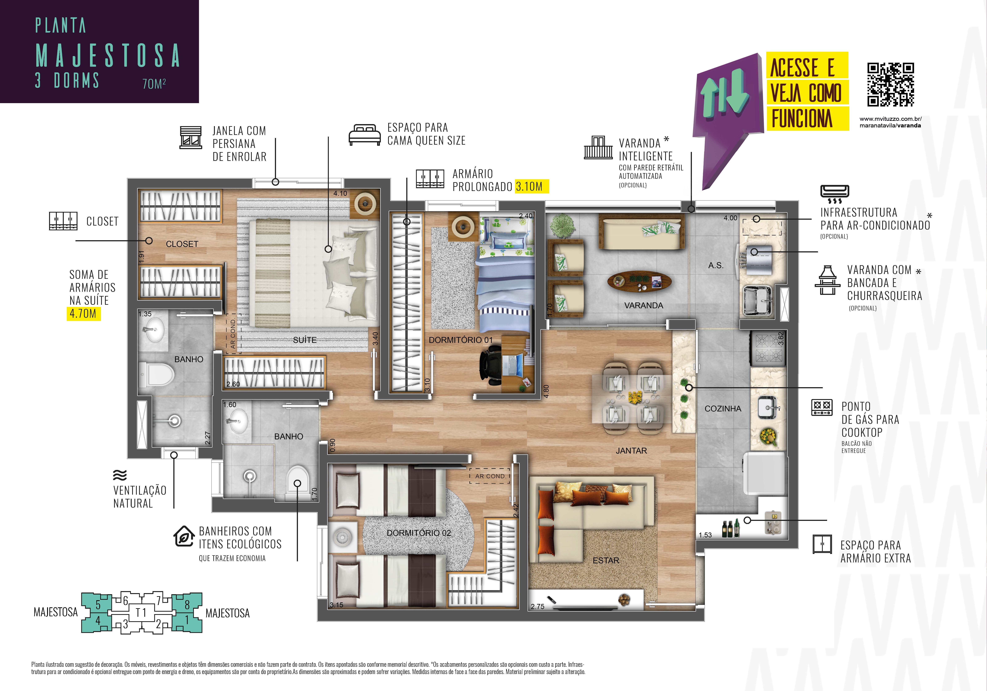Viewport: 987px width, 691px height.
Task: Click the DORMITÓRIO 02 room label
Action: (x=419, y=533)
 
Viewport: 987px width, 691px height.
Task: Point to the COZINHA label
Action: (x=723, y=408)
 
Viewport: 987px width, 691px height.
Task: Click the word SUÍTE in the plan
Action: (x=305, y=340)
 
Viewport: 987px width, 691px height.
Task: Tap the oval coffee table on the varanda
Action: (x=639, y=281)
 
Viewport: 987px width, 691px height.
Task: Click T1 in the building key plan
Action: (x=141, y=612)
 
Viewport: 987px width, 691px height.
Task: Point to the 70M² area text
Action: (x=154, y=83)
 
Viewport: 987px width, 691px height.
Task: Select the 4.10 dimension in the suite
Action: (x=340, y=193)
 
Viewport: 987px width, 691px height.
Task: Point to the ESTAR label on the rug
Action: (x=606, y=560)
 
